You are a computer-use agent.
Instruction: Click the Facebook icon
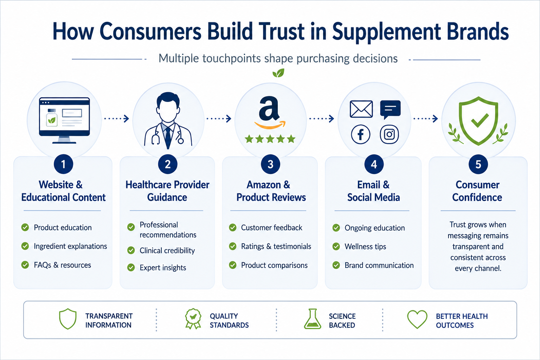[360, 135]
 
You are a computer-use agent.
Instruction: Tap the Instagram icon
[389, 135]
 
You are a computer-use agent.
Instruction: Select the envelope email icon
[361, 109]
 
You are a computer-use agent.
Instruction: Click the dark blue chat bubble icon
[390, 109]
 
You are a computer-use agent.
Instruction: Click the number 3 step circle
[270, 164]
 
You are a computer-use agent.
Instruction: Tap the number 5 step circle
[478, 164]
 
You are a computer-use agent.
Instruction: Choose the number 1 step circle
[63, 164]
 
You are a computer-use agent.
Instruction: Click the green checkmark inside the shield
[480, 120]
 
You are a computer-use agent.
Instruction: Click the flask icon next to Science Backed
[313, 319]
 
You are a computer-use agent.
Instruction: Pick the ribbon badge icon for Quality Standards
[193, 319]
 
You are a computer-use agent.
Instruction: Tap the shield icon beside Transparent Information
[68, 319]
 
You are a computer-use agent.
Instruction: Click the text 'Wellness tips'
[365, 246]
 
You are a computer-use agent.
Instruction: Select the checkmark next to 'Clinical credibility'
[131, 250]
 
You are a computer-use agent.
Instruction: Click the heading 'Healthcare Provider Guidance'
[167, 191]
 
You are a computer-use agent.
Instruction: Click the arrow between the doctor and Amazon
[219, 118]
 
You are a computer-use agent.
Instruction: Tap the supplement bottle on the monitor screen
[52, 118]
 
